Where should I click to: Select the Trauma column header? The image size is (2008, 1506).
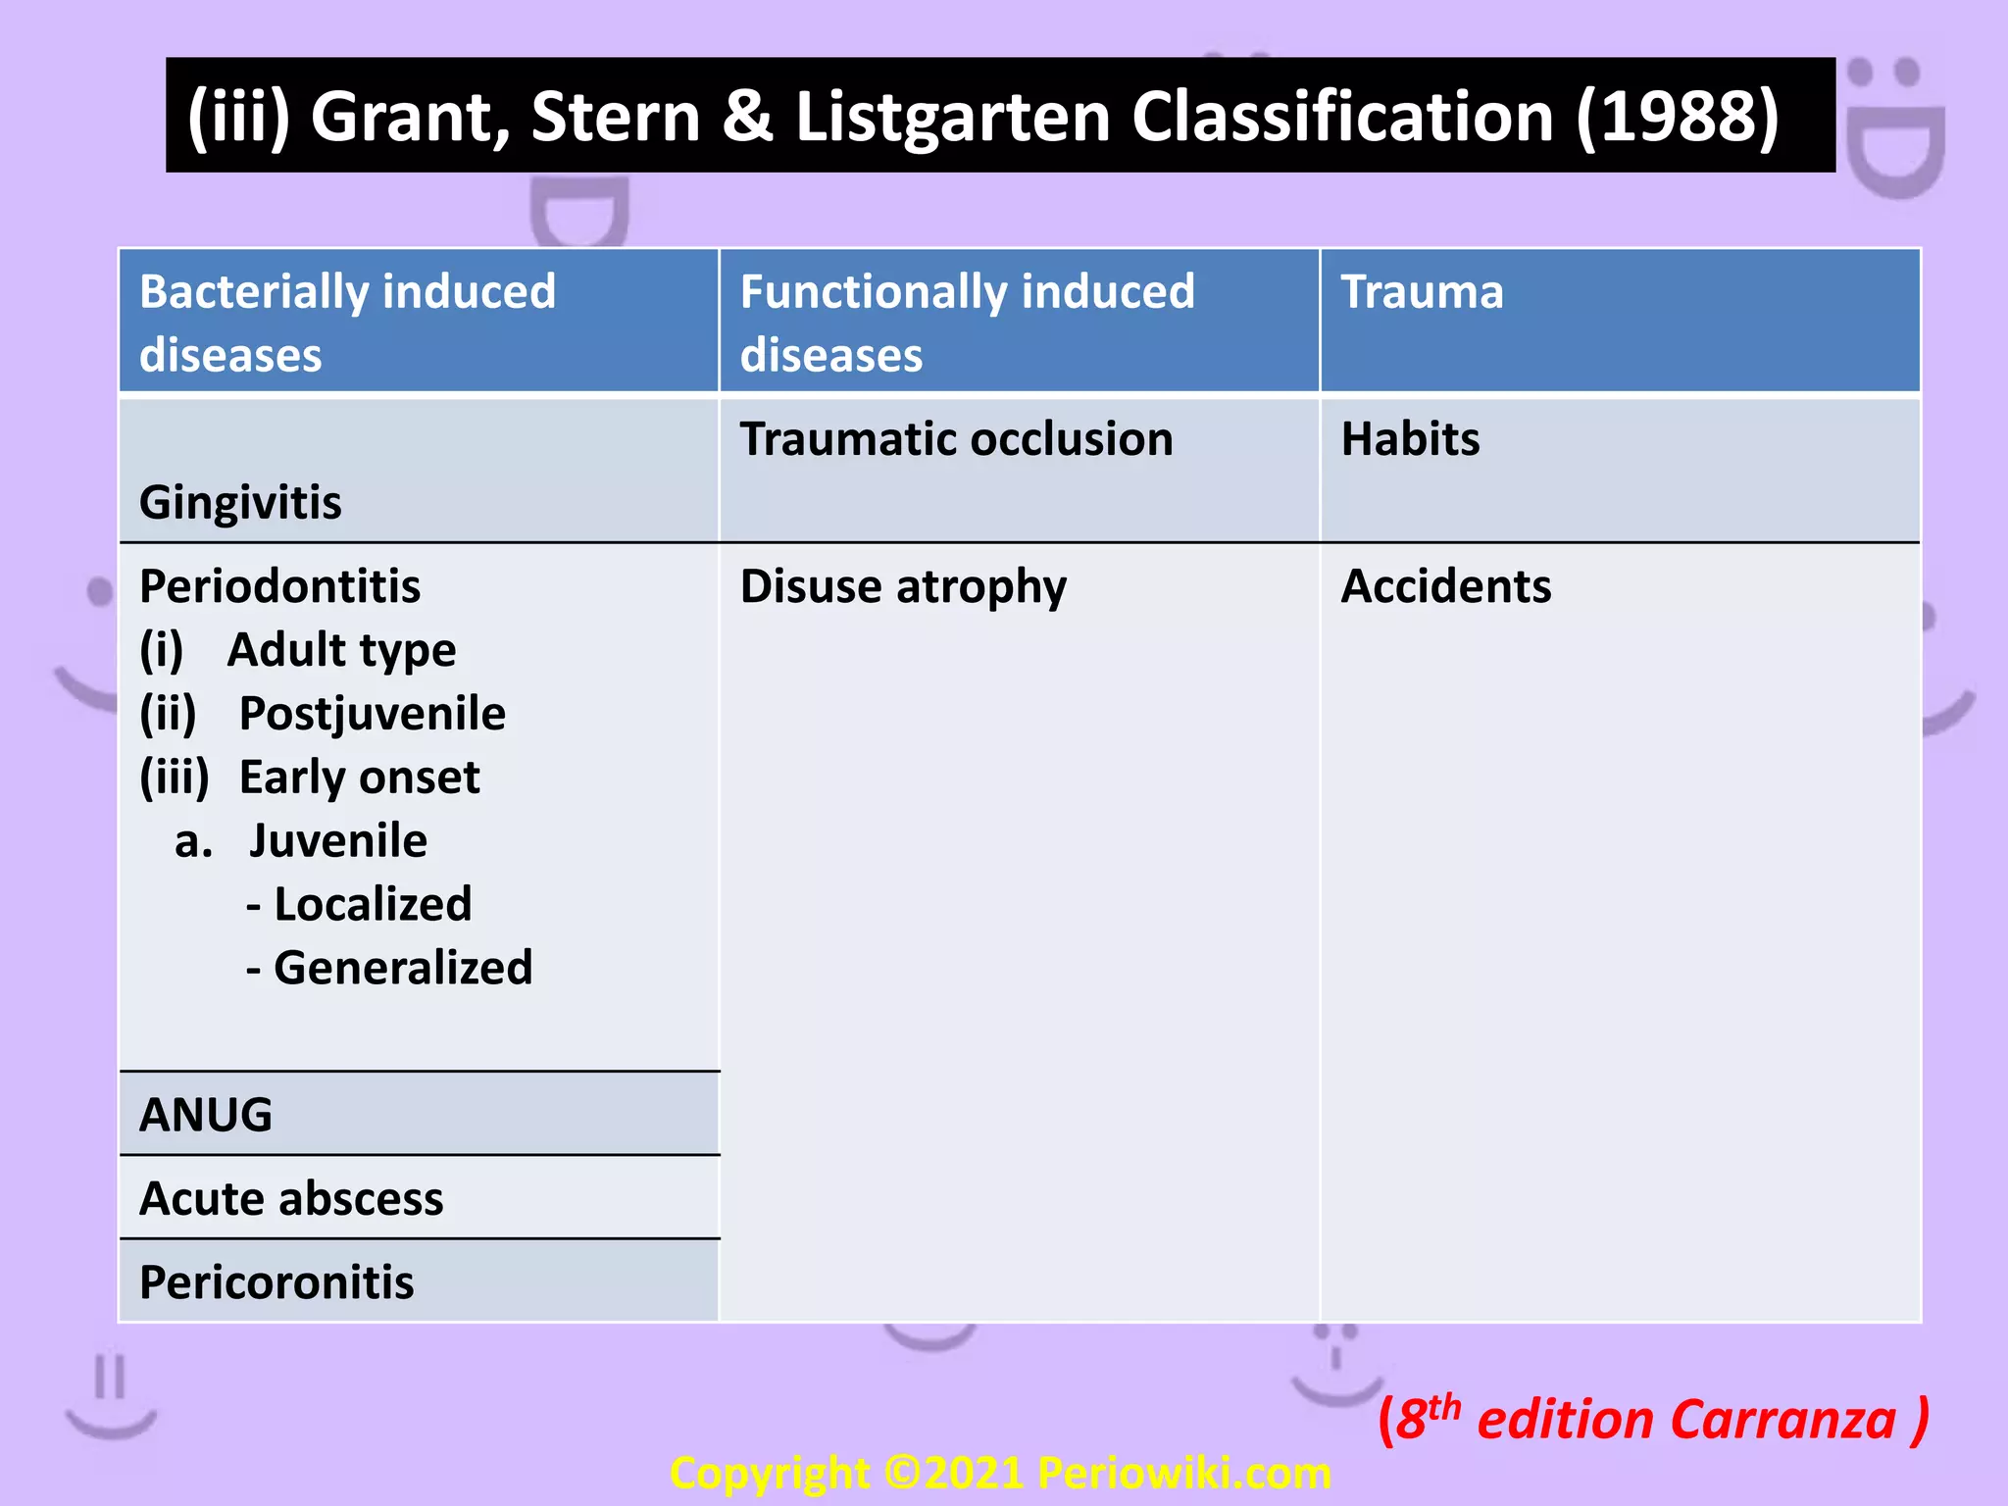(1422, 292)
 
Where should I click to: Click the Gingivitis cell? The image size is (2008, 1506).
(240, 503)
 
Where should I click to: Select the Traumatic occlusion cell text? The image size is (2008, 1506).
(956, 439)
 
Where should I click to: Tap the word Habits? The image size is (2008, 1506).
(1410, 439)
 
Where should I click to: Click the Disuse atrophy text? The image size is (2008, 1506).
(903, 586)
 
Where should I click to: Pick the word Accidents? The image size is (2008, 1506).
(1445, 586)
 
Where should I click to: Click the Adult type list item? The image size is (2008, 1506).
(341, 650)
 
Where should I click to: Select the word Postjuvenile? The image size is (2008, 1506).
(372, 714)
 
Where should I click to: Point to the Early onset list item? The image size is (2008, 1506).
(359, 778)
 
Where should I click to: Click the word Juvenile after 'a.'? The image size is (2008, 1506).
(337, 841)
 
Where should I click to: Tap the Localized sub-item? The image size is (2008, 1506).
(372, 904)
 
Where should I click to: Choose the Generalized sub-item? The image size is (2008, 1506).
(402, 968)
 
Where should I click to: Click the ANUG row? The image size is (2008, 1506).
(206, 1115)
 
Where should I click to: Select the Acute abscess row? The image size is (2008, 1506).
(291, 1199)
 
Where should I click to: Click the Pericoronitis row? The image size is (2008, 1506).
(276, 1282)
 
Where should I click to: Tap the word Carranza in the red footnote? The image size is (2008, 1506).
(1782, 1421)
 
